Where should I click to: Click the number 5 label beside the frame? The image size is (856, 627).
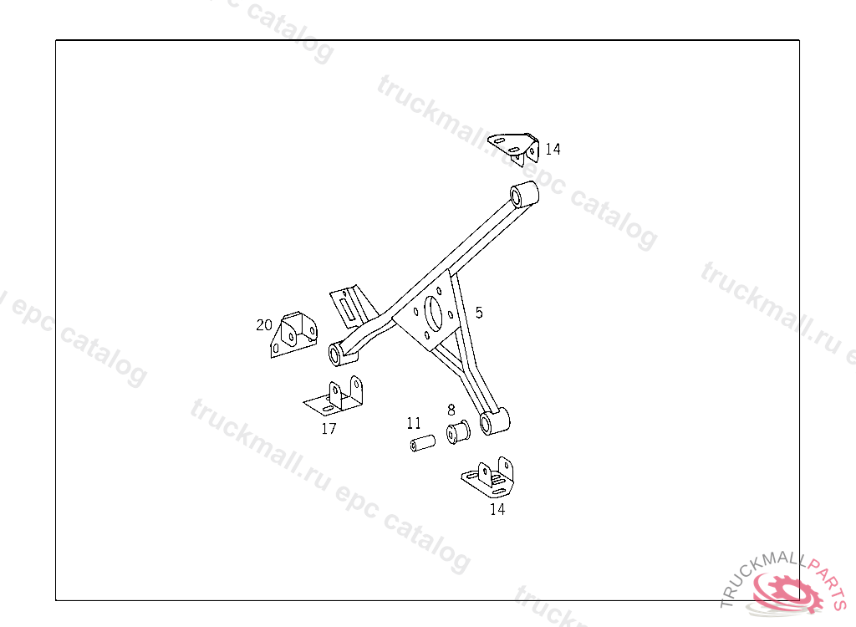coord(479,313)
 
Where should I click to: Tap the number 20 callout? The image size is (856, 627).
coord(264,324)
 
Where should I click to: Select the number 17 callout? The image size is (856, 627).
coord(329,429)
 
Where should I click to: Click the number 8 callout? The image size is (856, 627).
coord(451,410)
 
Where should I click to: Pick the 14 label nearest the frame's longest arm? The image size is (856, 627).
coord(553,150)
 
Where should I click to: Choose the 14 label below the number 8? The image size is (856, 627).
coord(497,508)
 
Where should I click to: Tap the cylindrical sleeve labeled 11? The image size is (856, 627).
coord(423,441)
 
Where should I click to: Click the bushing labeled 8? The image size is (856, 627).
coord(459,432)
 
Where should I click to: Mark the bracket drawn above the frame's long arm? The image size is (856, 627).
coord(515,145)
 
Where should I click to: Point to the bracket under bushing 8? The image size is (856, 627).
coord(489,477)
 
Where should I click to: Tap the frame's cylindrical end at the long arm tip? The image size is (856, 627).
coord(524,193)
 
